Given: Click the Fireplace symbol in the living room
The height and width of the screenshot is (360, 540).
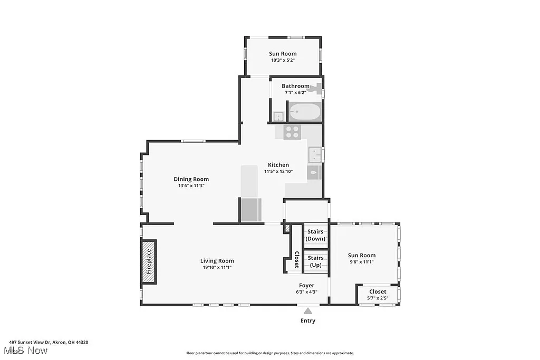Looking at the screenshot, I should (149, 262).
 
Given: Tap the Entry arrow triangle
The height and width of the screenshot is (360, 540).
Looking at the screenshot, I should (308, 311).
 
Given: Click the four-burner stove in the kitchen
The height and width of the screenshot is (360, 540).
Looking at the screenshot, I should (292, 132).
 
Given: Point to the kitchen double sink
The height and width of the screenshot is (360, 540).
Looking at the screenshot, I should (315, 154).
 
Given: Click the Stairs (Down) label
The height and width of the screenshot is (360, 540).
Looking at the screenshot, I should (315, 235).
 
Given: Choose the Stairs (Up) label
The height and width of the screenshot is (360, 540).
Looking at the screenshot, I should (315, 261).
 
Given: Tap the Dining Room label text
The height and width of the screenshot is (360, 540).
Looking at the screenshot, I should (191, 179).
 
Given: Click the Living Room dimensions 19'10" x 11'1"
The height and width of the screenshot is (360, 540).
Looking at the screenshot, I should (217, 267).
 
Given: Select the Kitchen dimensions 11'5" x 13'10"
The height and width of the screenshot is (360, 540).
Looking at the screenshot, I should (278, 171).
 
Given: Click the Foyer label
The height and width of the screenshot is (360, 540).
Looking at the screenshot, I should (307, 286).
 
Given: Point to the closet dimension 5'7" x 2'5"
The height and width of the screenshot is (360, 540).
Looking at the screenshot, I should (378, 298).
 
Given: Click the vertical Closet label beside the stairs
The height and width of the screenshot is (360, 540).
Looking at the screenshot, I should (297, 259).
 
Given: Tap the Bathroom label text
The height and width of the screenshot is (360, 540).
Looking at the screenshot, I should (295, 86).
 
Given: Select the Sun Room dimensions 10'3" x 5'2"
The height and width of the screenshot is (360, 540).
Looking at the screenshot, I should (283, 60).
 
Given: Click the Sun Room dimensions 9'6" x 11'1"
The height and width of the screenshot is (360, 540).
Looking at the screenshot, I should (362, 262).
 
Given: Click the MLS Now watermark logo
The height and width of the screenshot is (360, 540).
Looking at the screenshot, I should (25, 351).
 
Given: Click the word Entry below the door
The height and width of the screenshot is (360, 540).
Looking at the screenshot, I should (308, 320).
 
